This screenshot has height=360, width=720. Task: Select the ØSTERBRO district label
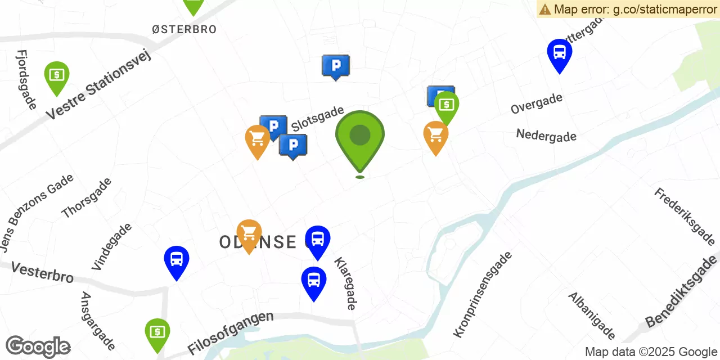click(x=184, y=29)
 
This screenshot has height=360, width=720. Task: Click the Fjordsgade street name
click(x=26, y=79)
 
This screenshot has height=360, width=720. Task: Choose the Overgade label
click(x=536, y=103)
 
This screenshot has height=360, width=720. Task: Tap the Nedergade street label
click(x=546, y=135)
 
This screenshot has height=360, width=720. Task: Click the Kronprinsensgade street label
click(x=483, y=294)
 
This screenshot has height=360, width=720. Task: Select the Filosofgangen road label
click(x=231, y=332)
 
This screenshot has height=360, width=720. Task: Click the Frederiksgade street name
click(x=684, y=216)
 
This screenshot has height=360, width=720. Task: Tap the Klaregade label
click(x=345, y=283)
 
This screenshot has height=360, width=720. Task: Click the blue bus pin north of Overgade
click(x=559, y=53)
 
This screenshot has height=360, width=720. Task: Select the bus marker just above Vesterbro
click(x=177, y=260)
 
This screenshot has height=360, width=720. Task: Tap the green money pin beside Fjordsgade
click(x=57, y=75)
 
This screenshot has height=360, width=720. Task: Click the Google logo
click(x=38, y=347)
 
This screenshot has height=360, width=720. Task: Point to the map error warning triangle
click(x=544, y=9)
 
